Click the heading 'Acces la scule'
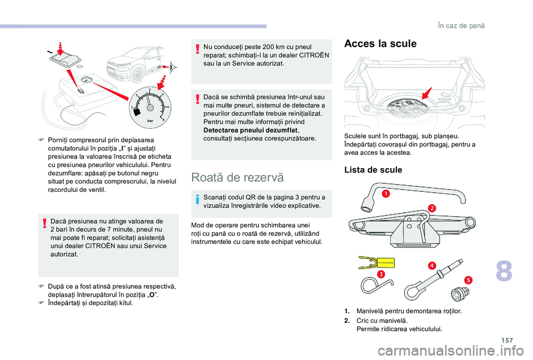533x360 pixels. (380, 44)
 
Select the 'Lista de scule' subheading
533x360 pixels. (373, 170)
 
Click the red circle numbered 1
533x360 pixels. (385, 193)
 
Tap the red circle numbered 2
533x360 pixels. (431, 207)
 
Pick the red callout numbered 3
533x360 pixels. (381, 274)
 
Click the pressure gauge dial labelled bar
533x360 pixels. (148, 105)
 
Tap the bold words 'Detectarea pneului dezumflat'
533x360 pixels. (245, 129)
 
